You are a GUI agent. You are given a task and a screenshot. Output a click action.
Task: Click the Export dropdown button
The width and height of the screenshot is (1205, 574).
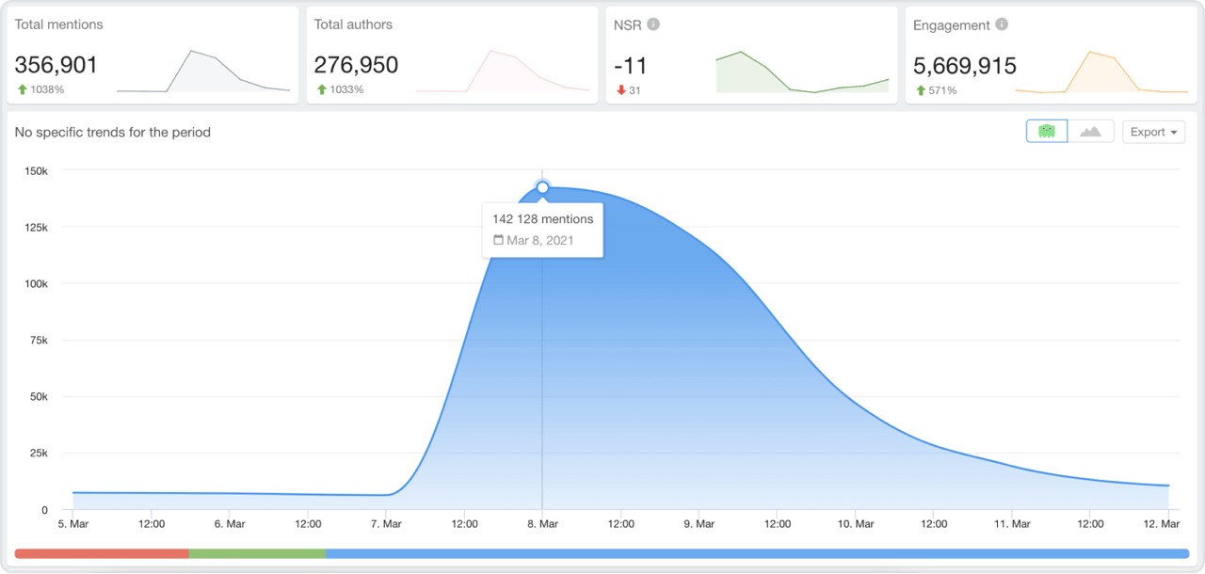[x=1153, y=132]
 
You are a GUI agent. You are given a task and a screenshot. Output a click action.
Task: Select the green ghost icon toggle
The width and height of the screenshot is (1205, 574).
[x=1047, y=132]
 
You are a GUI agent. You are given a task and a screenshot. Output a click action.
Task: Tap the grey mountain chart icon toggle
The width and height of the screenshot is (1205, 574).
[x=1091, y=132]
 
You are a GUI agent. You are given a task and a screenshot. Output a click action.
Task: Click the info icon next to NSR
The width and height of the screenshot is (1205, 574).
[x=653, y=24]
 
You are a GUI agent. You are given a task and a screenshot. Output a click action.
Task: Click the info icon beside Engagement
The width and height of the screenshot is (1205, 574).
[x=1002, y=24]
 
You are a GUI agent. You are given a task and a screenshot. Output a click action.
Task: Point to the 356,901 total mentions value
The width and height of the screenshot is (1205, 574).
[x=56, y=65]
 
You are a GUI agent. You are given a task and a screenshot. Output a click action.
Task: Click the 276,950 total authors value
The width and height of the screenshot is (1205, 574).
[x=356, y=65]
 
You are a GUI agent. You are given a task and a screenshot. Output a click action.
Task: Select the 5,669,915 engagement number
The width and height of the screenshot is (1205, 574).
[x=965, y=65]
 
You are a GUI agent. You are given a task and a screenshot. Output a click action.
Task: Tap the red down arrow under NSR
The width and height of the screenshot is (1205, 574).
[x=620, y=90]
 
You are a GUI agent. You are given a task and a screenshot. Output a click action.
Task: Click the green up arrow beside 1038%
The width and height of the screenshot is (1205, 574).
[x=22, y=90]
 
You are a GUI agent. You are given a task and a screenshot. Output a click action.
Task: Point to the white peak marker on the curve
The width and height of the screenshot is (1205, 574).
[x=542, y=187]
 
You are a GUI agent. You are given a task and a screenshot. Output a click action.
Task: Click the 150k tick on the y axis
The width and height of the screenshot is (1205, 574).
[x=37, y=171]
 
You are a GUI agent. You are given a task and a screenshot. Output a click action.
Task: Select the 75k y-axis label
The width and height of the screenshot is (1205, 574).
[x=40, y=341]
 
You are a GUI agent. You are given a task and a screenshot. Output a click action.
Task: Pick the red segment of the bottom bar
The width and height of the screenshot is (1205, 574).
[x=102, y=553]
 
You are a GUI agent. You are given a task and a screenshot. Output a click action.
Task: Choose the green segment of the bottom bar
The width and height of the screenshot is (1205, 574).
[x=257, y=553]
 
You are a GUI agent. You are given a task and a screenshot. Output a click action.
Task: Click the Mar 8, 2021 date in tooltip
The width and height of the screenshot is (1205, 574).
[x=539, y=240]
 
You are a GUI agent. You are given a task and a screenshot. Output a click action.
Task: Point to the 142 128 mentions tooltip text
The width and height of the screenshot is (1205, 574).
[x=542, y=219]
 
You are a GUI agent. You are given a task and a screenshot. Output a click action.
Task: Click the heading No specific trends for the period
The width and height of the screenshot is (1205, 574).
[x=113, y=133]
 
